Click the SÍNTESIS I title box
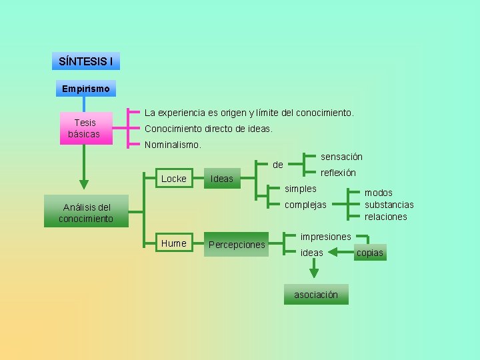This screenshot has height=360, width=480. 85,61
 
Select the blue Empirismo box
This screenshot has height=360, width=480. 85,88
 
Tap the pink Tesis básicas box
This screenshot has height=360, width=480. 85,129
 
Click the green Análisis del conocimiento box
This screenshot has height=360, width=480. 85,213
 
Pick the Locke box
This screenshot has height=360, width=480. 173,178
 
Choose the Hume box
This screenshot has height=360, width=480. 173,243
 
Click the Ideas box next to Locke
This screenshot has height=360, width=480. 222,178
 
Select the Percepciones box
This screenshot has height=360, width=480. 237,245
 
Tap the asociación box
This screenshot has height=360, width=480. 316,295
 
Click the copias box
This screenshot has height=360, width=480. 369,253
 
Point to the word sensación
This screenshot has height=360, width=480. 341,157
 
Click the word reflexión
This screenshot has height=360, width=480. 338,173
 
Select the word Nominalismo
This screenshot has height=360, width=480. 173,145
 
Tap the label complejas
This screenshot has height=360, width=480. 305,205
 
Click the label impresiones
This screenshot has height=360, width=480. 325,237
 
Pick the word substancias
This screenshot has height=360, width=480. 389,205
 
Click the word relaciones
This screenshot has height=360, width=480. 385,217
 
